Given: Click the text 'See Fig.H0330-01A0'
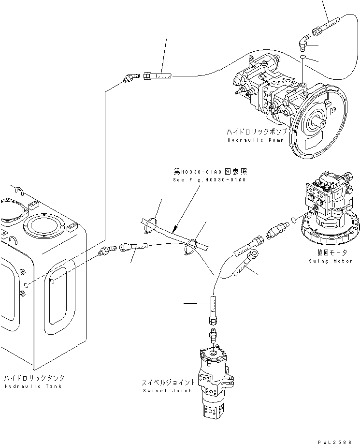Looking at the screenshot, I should tap(209, 180).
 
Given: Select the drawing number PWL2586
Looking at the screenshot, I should tap(342, 440).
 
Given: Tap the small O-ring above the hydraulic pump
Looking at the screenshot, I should tap(302, 57).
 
